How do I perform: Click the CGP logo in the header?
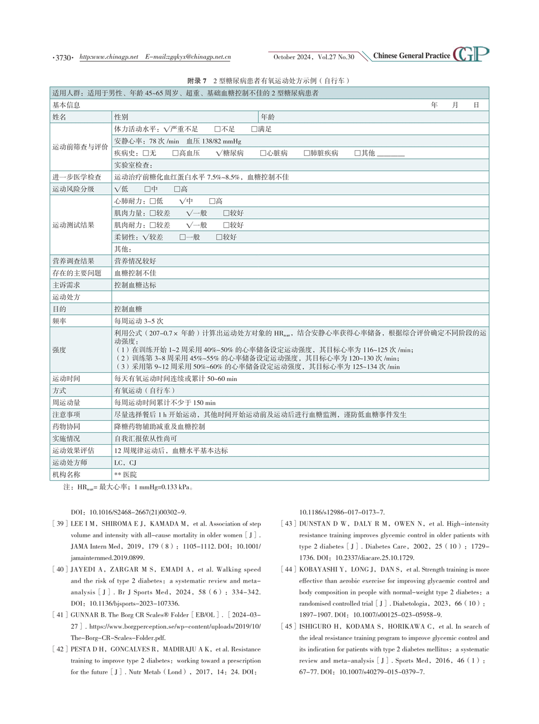tap(471, 54)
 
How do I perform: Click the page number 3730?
tap(63, 58)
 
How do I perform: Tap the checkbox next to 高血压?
tap(175, 153)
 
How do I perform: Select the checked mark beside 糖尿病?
tap(219, 153)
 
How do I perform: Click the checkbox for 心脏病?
tap(263, 153)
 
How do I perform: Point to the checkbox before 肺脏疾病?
tap(307, 153)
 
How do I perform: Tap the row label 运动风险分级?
tap(73, 189)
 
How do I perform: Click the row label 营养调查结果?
tap(73, 261)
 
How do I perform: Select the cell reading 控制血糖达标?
tap(135, 285)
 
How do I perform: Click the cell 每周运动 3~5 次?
tap(139, 321)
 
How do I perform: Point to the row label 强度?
tap(59, 350)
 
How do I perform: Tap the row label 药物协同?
tap(66, 426)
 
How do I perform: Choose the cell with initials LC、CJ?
tap(125, 463)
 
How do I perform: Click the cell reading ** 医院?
tap(125, 474)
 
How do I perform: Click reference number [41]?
tap(60, 615)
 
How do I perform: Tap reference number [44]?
tap(289, 569)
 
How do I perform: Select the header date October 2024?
tap(292, 57)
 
